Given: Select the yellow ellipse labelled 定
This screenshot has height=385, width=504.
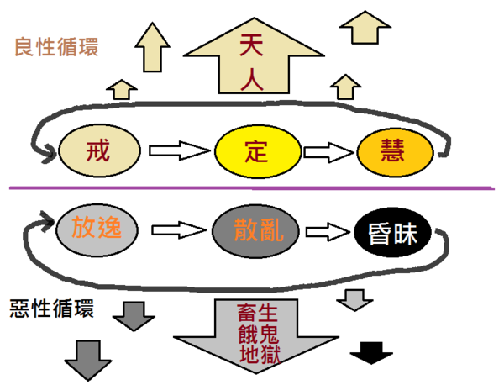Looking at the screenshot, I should tap(255, 152).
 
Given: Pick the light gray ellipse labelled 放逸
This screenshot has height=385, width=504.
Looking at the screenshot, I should tap(96, 227).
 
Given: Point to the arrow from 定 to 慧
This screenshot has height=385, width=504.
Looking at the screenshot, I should tap(328, 152).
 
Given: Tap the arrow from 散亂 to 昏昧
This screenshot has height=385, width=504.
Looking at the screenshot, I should tap(328, 229).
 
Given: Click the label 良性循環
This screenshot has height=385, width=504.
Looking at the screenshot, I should tap(56, 45).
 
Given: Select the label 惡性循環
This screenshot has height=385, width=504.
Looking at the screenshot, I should tap(53, 306).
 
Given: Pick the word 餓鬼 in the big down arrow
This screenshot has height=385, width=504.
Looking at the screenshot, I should tap(258, 335).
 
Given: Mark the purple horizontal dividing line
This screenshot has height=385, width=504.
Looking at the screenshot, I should tap(252, 187).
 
